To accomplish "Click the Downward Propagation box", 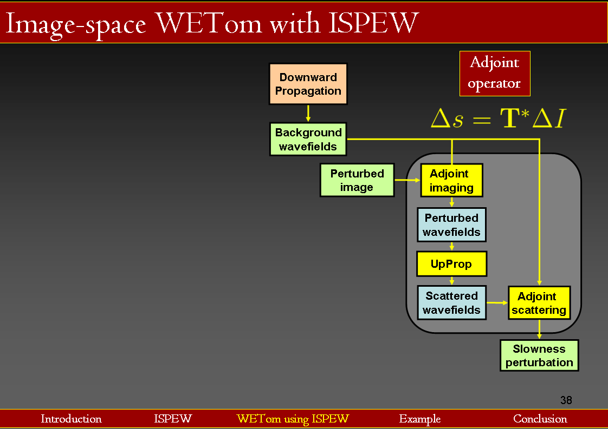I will [308, 84].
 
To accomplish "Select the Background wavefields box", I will [308, 139].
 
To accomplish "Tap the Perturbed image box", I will [357, 180].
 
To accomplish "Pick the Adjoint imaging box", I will [451, 181].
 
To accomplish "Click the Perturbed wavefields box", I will [451, 225].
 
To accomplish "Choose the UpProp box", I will [451, 264].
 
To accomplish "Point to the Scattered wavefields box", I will [451, 303].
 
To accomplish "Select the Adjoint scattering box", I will [539, 303].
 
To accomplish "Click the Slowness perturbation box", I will [539, 355].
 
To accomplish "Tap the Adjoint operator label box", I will [494, 74].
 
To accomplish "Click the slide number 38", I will [566, 400].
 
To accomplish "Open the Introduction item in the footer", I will [71, 419].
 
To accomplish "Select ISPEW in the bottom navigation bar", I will [173, 419].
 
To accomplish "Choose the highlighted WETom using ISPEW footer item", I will [293, 419].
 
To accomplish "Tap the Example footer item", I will [419, 419].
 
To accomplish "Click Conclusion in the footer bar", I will [540, 419].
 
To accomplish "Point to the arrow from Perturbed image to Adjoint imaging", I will [407, 180].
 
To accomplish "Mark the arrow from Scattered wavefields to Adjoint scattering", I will [497, 302].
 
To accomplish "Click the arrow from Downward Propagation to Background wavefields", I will [308, 113].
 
